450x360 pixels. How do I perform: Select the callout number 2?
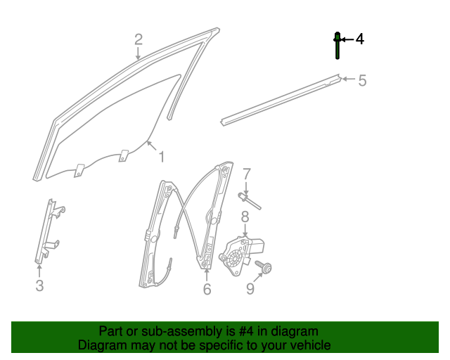point(139,39)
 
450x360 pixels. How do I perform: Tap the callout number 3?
point(39,285)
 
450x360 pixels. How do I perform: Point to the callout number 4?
point(359,39)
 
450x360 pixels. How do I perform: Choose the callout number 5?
point(362,80)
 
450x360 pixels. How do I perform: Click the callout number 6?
point(207,288)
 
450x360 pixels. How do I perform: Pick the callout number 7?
point(247,173)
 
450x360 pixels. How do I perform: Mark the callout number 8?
point(245,217)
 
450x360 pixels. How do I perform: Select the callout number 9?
point(250,288)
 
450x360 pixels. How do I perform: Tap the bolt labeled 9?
point(267,268)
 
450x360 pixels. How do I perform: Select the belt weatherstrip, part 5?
point(281,99)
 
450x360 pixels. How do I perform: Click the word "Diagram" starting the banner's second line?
point(102,345)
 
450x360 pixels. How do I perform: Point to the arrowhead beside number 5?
point(345,79)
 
